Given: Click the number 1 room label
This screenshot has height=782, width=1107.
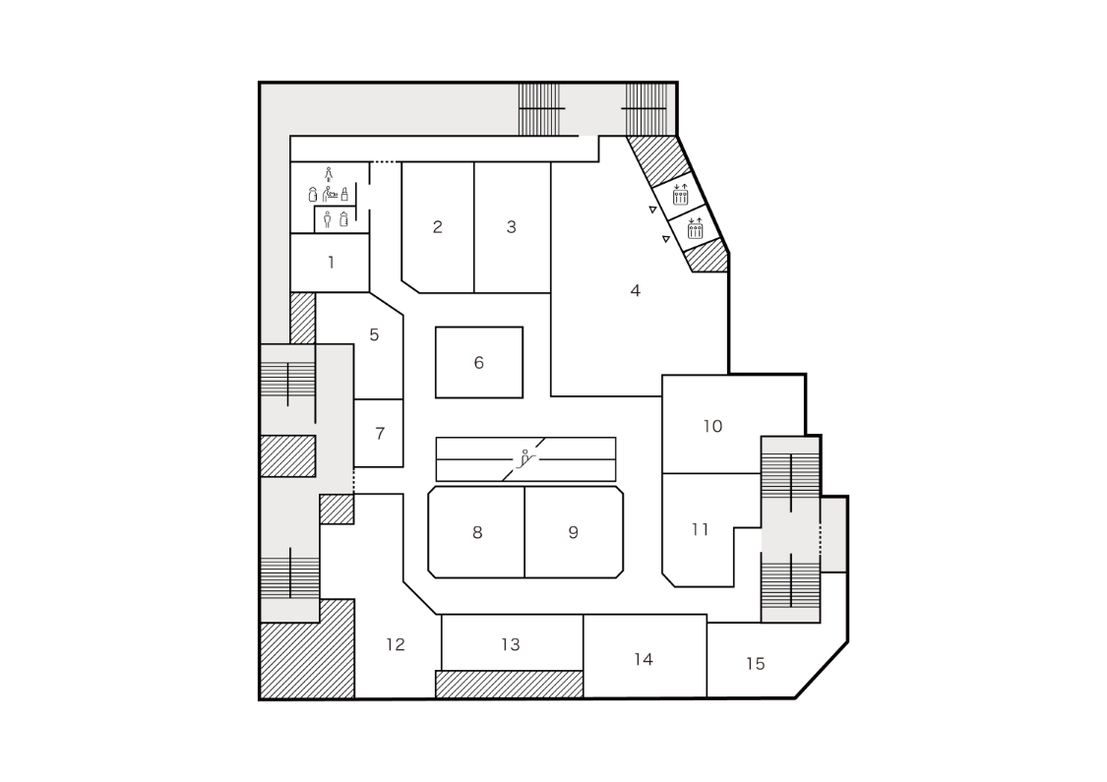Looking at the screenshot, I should coord(331,263).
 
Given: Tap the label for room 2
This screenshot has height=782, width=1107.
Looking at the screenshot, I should coord(438,227).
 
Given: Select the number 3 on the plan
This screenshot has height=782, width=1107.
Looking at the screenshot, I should coord(512,227).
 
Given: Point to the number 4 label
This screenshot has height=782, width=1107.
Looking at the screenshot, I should coord(636,291).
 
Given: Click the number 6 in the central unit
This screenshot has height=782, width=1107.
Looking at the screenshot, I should coord(479,363).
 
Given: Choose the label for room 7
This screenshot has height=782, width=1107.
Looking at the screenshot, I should coord(380,433).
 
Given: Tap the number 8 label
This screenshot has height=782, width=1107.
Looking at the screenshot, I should coord(477,533).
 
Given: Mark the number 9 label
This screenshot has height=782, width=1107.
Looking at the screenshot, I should coord(574,533).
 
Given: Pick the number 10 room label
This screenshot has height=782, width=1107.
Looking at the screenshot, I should coord(712,426).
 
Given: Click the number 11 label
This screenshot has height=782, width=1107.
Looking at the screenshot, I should coord(700,530).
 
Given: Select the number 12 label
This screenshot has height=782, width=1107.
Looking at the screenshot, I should coord(396,645).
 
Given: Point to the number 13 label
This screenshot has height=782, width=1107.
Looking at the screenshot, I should coord(510,645).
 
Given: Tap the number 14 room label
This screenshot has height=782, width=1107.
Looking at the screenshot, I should coord(644,659).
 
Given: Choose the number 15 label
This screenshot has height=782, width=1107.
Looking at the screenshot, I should coord(755,664).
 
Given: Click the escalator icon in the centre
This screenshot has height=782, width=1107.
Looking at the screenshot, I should coord(527,457).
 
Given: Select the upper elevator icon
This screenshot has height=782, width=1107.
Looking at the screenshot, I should coord(680,195).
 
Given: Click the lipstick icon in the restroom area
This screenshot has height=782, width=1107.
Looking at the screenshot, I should coord(344,194).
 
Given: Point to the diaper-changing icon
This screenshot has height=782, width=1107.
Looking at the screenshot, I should coord(333,194).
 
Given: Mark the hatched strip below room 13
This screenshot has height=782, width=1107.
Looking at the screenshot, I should coord(509,684).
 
